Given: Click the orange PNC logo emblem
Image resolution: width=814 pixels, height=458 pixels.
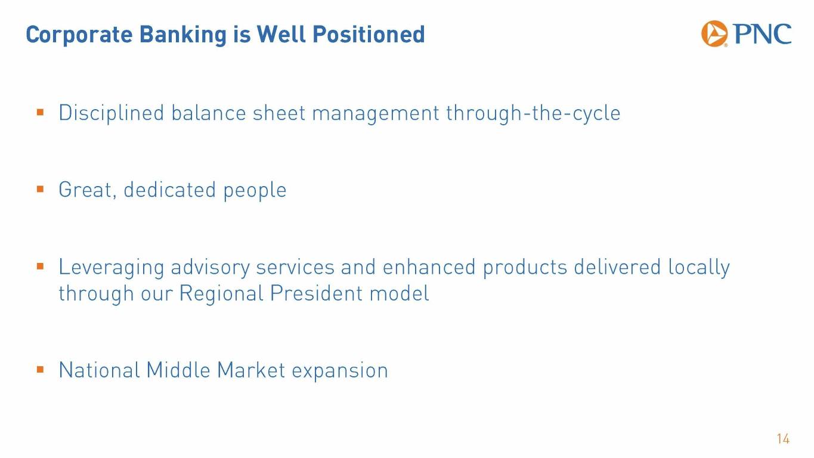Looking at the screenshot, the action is point(714,34).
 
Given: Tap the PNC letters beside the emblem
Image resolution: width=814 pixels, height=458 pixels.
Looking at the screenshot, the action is point(762,34).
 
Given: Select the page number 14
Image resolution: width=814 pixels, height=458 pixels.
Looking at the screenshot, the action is point(784,439).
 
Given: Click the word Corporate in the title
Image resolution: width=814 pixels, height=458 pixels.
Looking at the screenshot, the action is point(79,35).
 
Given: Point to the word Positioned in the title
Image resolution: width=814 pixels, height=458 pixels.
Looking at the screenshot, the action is point(369,34).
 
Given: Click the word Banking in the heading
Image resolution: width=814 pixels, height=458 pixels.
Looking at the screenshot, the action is point(183,35).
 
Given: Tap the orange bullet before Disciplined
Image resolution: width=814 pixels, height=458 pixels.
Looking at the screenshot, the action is point(41,112).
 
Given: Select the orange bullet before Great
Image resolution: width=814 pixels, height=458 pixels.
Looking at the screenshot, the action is point(41,189).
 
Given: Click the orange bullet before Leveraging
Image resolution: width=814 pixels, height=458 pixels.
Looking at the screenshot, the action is point(41,267).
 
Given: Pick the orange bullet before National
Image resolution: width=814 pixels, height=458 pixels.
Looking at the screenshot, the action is point(41,370).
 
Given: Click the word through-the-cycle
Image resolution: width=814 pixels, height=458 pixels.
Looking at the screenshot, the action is point(533,113).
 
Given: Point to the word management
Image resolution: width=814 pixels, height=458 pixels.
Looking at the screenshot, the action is point(376,114).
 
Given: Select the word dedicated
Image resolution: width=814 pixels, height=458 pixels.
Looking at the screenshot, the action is point(170,190).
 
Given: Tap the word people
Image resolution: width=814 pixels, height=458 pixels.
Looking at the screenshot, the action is point(255,191).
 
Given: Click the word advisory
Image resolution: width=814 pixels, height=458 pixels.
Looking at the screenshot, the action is point(210,268).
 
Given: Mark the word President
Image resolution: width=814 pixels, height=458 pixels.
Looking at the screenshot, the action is point(316,293).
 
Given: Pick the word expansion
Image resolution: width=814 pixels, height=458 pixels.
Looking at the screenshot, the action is point(340,372).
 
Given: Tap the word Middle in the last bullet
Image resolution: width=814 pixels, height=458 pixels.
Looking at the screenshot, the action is point(178,370).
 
